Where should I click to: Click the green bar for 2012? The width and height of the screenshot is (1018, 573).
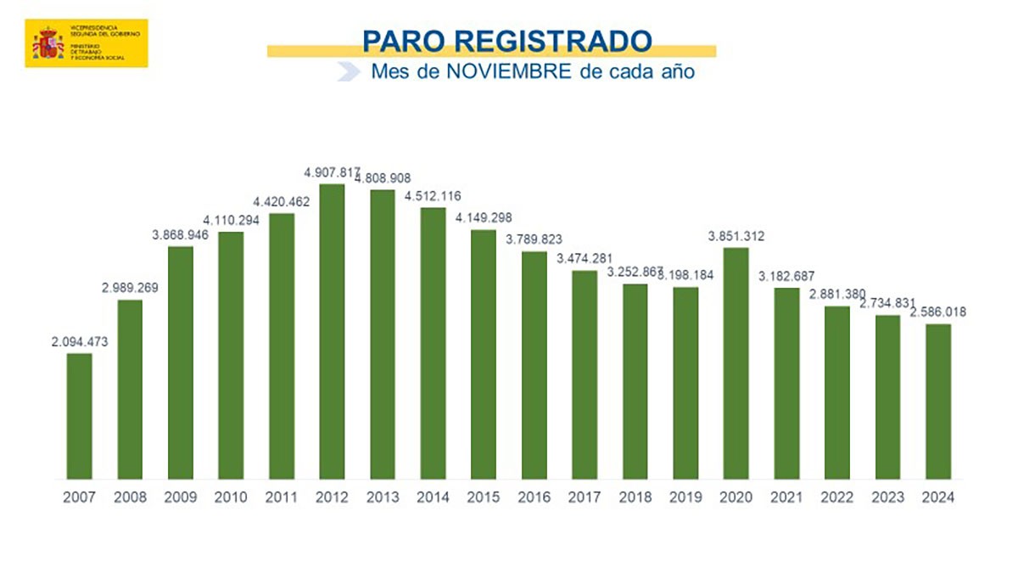(332, 331)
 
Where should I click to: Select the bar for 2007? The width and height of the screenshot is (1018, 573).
(79, 416)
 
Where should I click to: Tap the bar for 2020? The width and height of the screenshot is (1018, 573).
(736, 363)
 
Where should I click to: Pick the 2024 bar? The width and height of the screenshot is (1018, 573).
(937, 402)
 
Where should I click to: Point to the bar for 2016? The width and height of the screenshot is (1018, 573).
(534, 365)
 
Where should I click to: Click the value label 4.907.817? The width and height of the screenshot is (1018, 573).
(332, 173)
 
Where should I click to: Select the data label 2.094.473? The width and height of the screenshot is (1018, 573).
(79, 342)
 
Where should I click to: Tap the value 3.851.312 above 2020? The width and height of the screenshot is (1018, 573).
(736, 237)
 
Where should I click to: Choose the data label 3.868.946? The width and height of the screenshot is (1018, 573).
(180, 235)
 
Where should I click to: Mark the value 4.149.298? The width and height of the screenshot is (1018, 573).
(483, 218)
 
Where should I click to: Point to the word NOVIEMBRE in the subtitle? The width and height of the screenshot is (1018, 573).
(508, 71)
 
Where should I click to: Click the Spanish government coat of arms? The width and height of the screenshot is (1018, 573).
(48, 42)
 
